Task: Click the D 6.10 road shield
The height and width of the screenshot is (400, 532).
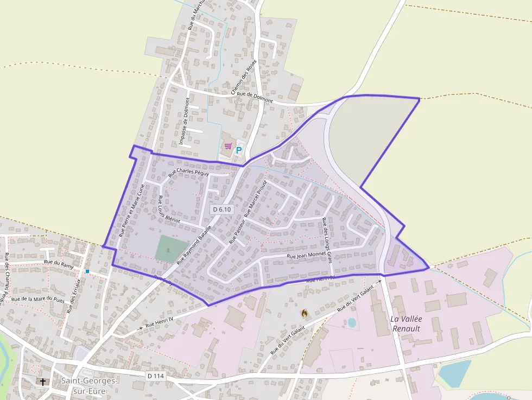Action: tap(222, 209)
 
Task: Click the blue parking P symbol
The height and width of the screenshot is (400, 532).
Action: tap(239, 150)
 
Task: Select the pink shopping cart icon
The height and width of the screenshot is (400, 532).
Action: tap(228, 147)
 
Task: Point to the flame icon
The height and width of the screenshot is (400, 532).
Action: tap(304, 313)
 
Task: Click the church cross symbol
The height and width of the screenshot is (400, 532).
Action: tap(43, 382)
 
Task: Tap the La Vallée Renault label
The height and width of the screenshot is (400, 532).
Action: tap(407, 323)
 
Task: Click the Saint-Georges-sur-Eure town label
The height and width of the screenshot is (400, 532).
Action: tap(90, 385)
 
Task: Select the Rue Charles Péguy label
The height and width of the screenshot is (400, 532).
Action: tap(188, 173)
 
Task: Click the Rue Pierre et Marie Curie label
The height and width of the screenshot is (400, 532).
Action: tap(132, 211)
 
